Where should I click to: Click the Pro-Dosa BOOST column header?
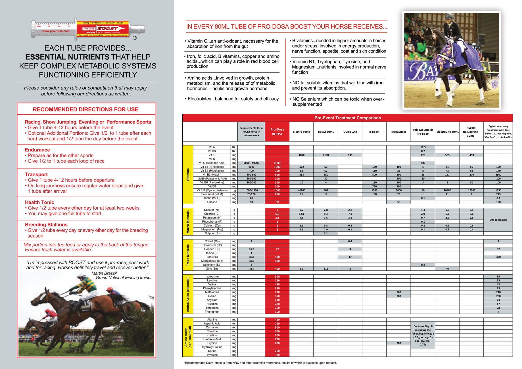[x=277, y=132]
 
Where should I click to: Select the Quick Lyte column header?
[x=350, y=132]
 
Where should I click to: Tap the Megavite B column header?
[x=398, y=132]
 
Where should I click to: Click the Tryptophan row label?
[x=212, y=312]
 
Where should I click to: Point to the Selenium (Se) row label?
[x=212, y=265]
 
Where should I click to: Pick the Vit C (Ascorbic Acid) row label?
[x=212, y=163]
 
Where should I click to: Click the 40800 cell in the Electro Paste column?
[x=301, y=190]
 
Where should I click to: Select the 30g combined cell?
[x=498, y=220]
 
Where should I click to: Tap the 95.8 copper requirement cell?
[x=251, y=249]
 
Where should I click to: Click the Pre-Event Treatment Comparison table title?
[x=348, y=118]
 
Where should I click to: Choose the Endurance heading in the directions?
[x=37, y=150]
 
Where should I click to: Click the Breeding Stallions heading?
[x=46, y=225]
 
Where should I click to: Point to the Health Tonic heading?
[x=39, y=202]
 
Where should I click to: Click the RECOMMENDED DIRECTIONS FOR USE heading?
[x=85, y=109]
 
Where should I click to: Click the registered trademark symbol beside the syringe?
[x=135, y=38]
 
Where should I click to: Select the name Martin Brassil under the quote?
[x=104, y=273]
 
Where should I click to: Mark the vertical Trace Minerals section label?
[x=188, y=255]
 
